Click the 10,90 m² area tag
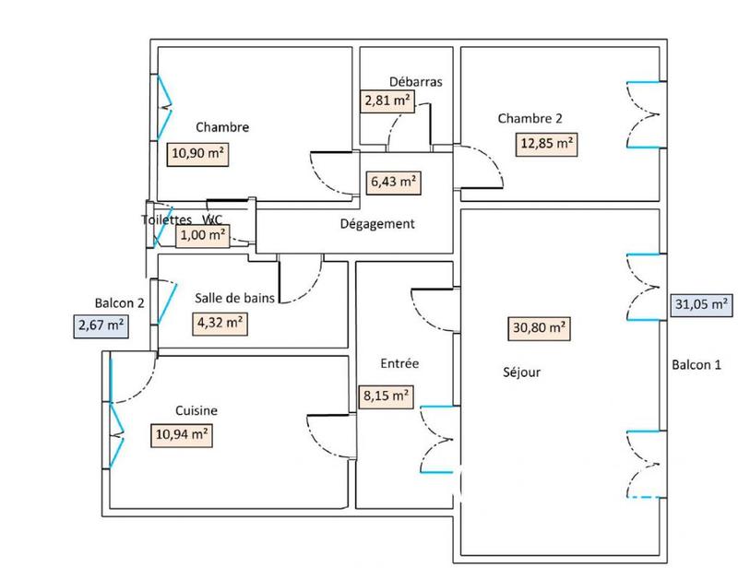click(197, 154)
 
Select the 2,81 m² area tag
click(387, 100)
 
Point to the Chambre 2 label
click(530, 118)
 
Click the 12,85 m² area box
click(547, 143)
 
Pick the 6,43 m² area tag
click(394, 182)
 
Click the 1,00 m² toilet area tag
click(203, 235)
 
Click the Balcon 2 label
click(120, 302)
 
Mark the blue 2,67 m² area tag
click(100, 325)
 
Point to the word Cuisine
click(196, 411)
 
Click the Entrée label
click(399, 363)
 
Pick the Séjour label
click(522, 373)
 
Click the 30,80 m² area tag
click(540, 326)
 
